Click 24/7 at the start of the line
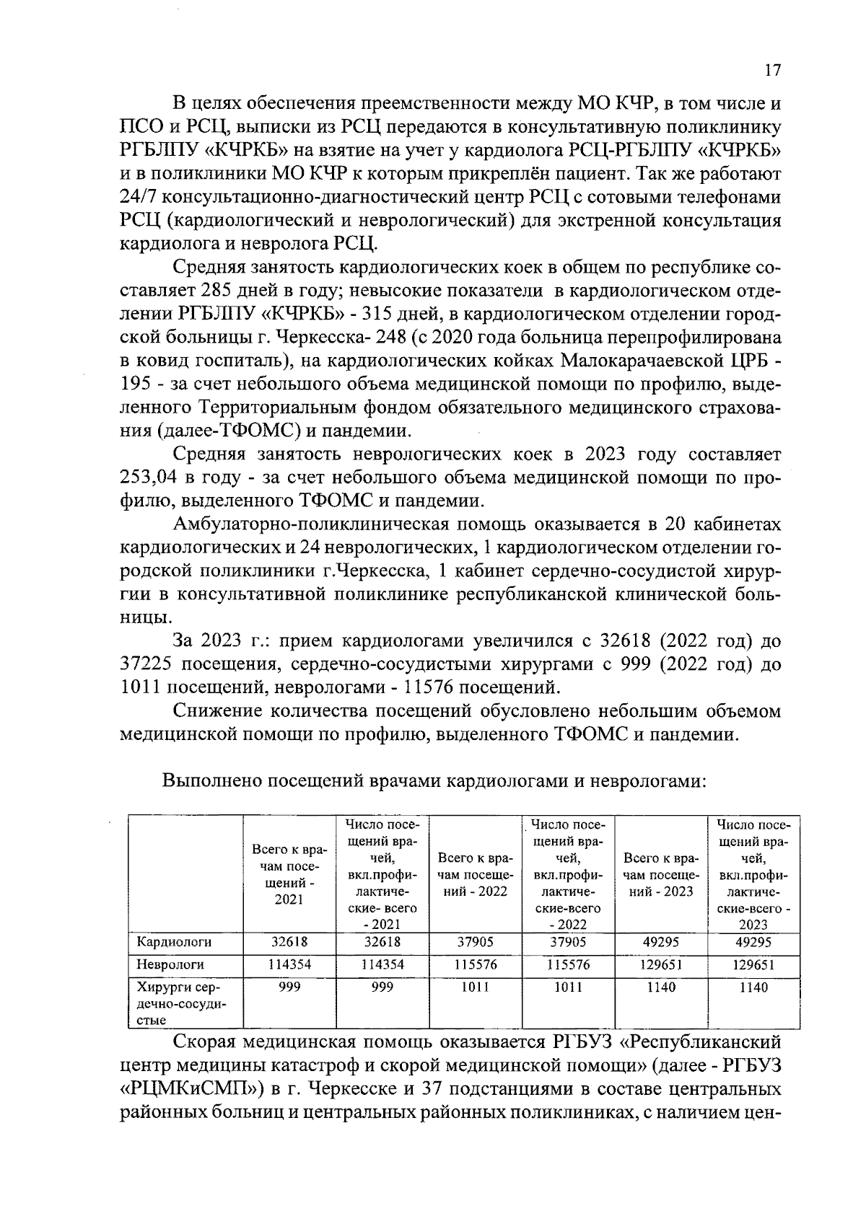(139, 198)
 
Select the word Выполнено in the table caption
(209, 780)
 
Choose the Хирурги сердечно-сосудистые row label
(169, 1003)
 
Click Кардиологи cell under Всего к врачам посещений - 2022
(476, 942)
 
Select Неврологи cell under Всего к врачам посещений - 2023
(660, 964)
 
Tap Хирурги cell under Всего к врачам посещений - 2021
(289, 987)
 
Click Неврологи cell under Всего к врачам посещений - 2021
(289, 964)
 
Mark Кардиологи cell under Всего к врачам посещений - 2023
(660, 942)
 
